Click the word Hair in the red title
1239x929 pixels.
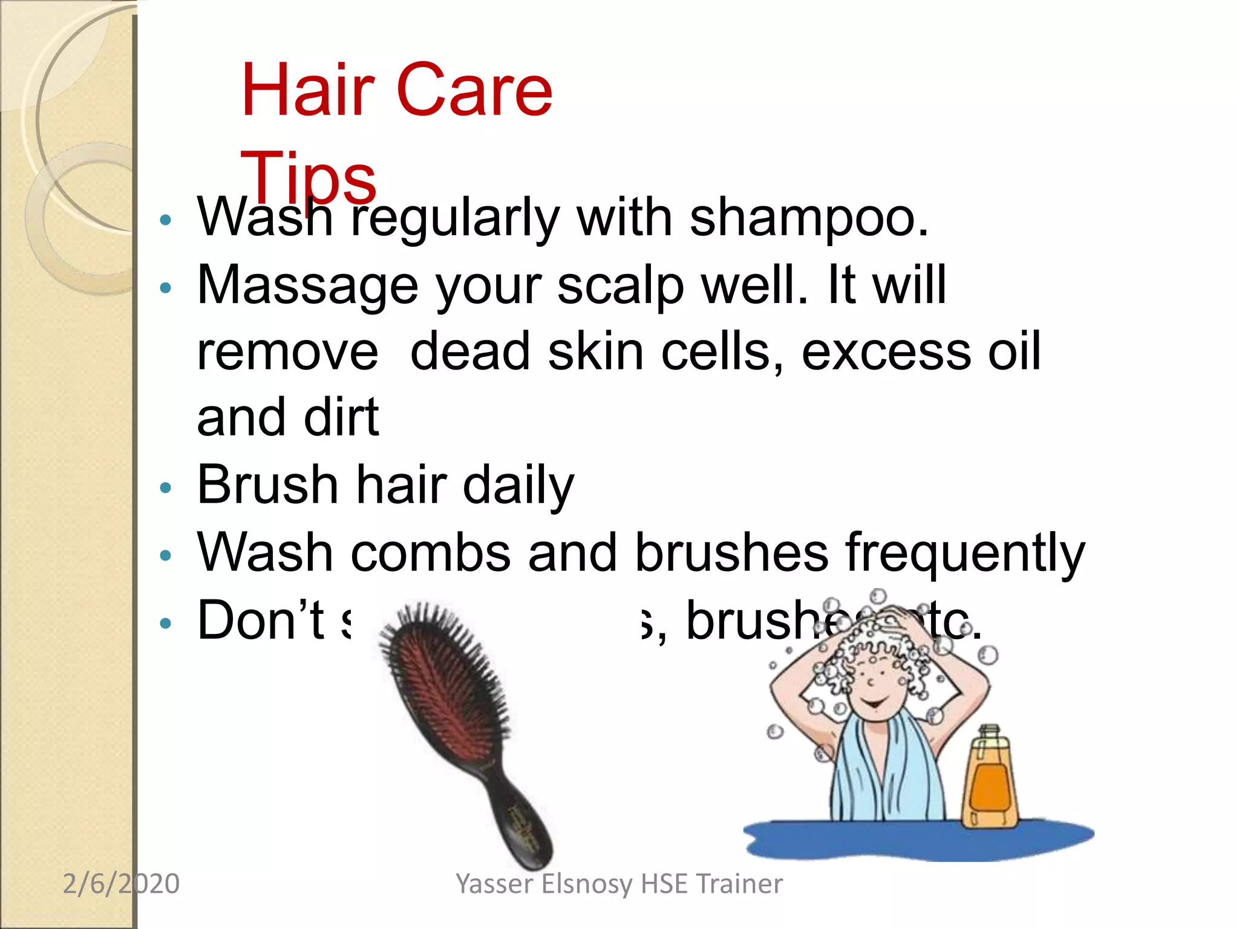308,91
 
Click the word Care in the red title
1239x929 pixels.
475,91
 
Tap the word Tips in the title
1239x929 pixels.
308,178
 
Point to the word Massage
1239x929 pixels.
307,285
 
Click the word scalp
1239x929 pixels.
620,285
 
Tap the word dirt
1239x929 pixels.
341,418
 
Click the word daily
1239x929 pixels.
518,486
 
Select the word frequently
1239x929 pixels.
964,553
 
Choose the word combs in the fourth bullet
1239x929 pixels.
430,553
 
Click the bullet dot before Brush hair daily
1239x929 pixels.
165,487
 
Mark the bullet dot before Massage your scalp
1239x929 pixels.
165,287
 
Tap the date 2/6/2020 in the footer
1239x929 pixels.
121,884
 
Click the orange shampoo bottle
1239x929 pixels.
990,780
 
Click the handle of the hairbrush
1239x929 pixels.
524,823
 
